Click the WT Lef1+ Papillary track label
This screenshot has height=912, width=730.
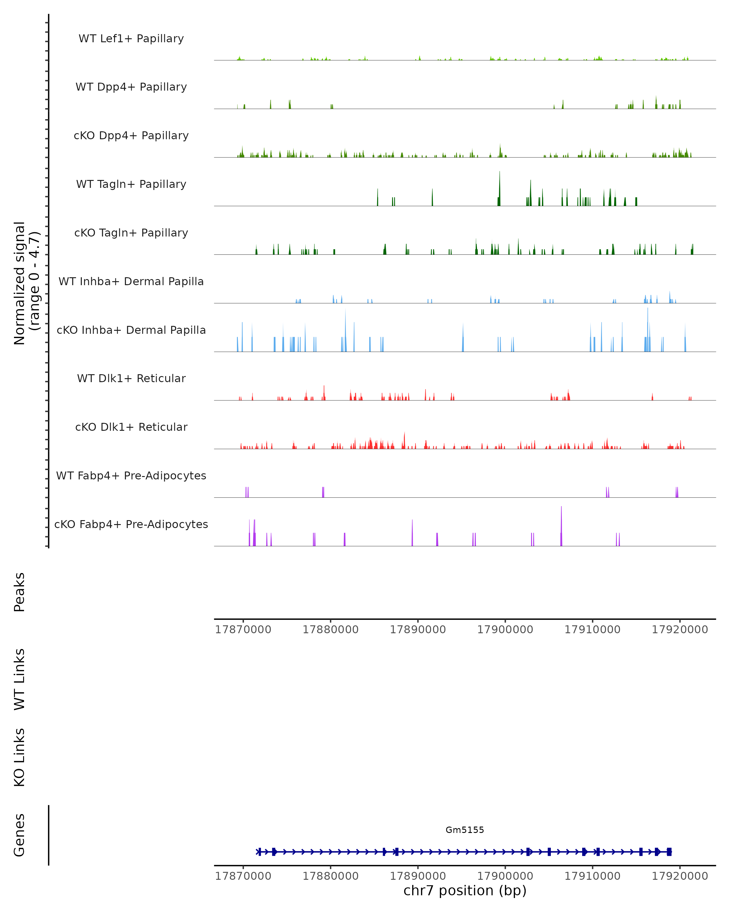pos(131,39)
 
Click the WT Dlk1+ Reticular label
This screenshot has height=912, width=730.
pos(131,378)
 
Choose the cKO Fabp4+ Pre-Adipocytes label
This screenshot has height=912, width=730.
pos(131,524)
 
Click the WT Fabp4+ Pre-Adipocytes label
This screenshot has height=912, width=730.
pos(131,475)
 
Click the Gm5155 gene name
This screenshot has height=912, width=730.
pos(465,830)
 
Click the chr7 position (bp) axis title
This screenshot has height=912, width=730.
pos(465,890)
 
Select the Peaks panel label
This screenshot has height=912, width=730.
pos(19,592)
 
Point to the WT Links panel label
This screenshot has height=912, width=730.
pos(19,679)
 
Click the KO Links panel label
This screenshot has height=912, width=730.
pos(19,757)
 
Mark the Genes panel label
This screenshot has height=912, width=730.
pos(19,835)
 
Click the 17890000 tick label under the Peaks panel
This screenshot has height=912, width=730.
pos(418,630)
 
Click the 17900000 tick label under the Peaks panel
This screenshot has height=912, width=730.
pos(505,630)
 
